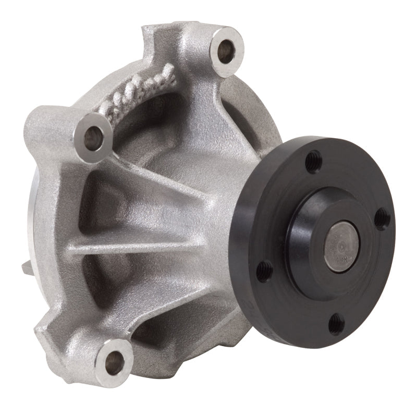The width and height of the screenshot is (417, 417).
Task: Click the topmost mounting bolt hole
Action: click(226, 50)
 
